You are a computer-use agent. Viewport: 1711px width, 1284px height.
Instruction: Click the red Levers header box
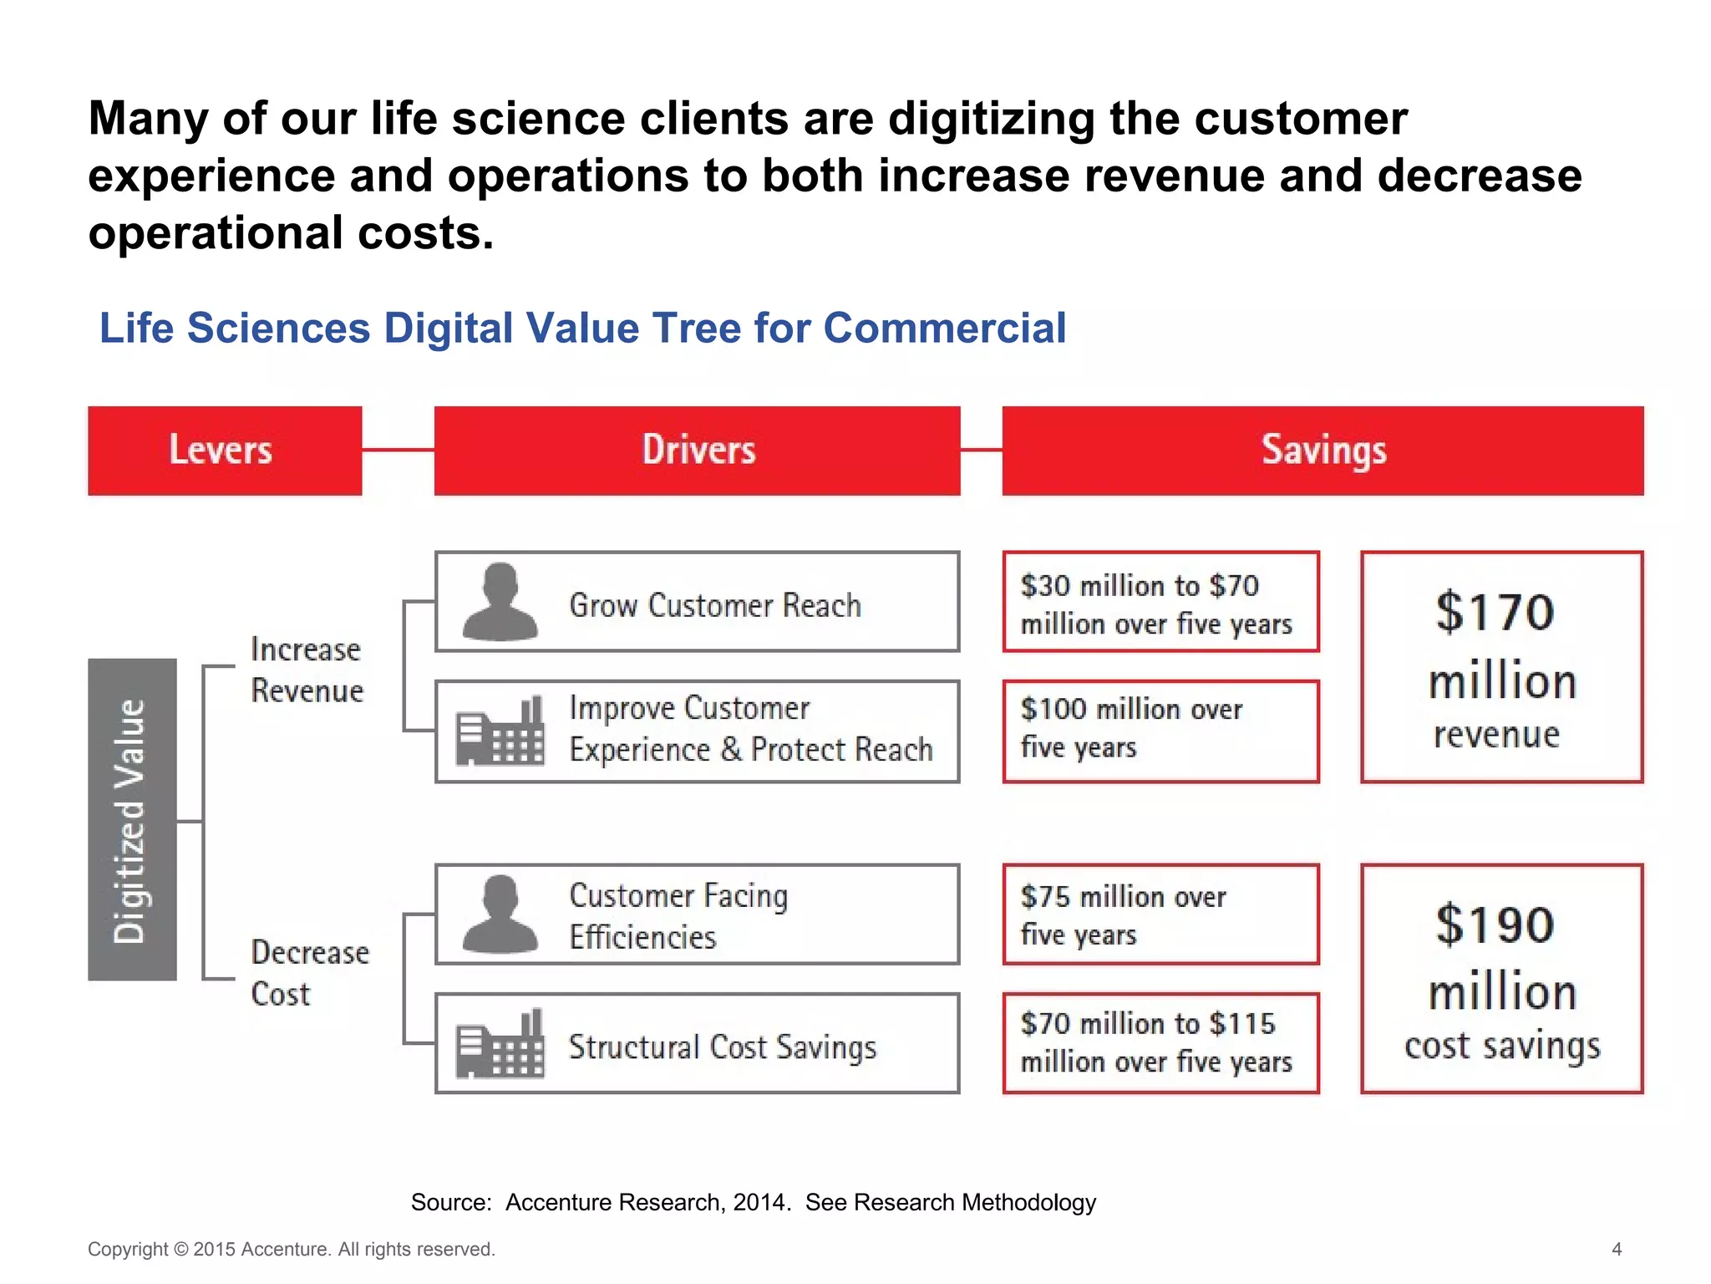coord(224,451)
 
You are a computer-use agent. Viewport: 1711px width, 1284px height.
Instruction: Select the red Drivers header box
coord(697,451)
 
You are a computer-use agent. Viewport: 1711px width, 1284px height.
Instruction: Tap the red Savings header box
coord(1323,451)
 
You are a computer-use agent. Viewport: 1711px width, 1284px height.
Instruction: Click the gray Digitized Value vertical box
coord(132,819)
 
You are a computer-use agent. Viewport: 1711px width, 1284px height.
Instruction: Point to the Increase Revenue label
coord(307,670)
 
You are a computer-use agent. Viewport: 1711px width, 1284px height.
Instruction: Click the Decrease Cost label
coord(309,973)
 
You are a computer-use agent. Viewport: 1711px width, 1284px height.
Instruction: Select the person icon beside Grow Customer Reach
coord(500,602)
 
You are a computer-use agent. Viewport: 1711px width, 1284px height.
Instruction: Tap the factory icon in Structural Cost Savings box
coord(500,1044)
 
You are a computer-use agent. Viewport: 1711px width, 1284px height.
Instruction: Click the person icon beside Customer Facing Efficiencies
coord(500,915)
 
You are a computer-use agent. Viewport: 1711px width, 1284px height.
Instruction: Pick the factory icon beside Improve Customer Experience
coord(500,732)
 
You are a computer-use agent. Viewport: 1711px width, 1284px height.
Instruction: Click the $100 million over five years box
coord(1160,731)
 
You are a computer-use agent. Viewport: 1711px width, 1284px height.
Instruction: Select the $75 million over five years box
coord(1160,915)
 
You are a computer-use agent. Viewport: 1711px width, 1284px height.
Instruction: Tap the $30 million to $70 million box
coord(1160,602)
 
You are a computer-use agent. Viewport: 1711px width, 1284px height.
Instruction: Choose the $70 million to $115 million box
coord(1160,1043)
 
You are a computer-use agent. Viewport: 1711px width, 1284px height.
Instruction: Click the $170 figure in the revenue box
coord(1495,612)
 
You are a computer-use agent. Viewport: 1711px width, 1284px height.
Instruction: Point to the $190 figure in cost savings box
coord(1495,925)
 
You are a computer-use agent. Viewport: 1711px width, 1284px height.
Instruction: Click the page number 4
coord(1617,1249)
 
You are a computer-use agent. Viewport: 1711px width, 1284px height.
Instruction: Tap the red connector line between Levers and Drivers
coord(398,450)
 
